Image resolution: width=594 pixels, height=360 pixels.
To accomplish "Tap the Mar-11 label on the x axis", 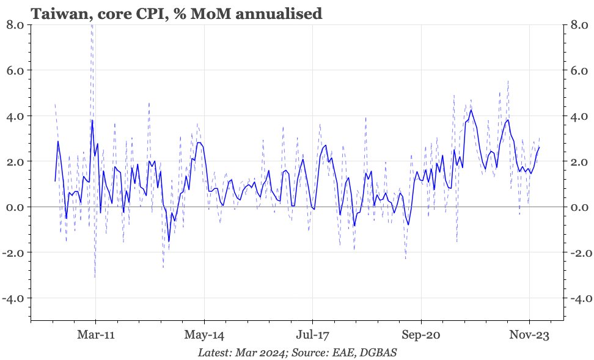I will [x=96, y=335].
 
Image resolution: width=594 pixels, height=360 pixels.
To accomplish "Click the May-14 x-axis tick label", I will [x=204, y=335].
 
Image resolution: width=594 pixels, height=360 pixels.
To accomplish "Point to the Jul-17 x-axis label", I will [x=312, y=335].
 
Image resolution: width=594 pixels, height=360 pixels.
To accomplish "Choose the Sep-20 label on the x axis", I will [x=420, y=335].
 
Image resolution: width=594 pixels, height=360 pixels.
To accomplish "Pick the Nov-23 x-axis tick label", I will [x=529, y=335].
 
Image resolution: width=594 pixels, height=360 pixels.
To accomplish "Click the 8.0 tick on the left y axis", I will [x=14, y=25].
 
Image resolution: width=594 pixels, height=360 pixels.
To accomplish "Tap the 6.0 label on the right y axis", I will [x=577, y=70].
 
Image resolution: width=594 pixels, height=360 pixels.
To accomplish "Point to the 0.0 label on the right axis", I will [x=577, y=207].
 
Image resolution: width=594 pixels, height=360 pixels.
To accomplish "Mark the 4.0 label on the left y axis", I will [x=14, y=116].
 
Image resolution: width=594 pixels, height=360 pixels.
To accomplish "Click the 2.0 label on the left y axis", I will [x=14, y=161].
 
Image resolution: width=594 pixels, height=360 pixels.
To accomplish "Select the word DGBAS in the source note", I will [x=380, y=353].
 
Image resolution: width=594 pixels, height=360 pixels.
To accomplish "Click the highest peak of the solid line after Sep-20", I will [x=471, y=111].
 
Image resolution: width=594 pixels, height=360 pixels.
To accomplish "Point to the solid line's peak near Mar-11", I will [x=92, y=120].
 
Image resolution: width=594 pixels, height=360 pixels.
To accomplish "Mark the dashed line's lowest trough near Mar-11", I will [x=95, y=277].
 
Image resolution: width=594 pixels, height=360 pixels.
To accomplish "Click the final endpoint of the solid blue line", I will [x=539, y=147].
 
